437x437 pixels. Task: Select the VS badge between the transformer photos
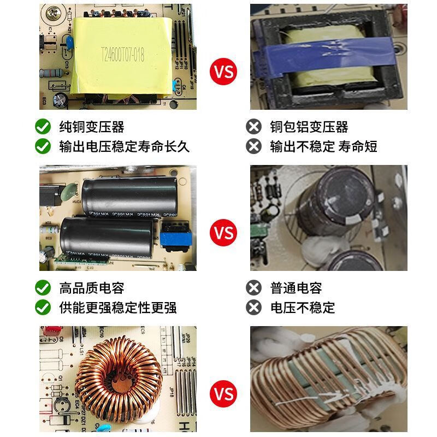pos(223,72)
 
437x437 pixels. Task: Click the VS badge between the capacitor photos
pos(223,233)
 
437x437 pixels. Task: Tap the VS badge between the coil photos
pos(223,393)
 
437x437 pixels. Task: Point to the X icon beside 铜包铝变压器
pos(253,127)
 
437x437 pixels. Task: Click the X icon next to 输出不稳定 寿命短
pos(253,146)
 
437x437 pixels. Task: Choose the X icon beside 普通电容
pos(253,288)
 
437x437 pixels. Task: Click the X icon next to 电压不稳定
pos(253,307)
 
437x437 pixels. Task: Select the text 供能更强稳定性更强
pos(118,307)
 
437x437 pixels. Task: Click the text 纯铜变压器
pos(92,127)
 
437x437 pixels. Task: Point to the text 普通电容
pos(296,288)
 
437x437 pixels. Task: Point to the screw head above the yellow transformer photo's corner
pos(53,10)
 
